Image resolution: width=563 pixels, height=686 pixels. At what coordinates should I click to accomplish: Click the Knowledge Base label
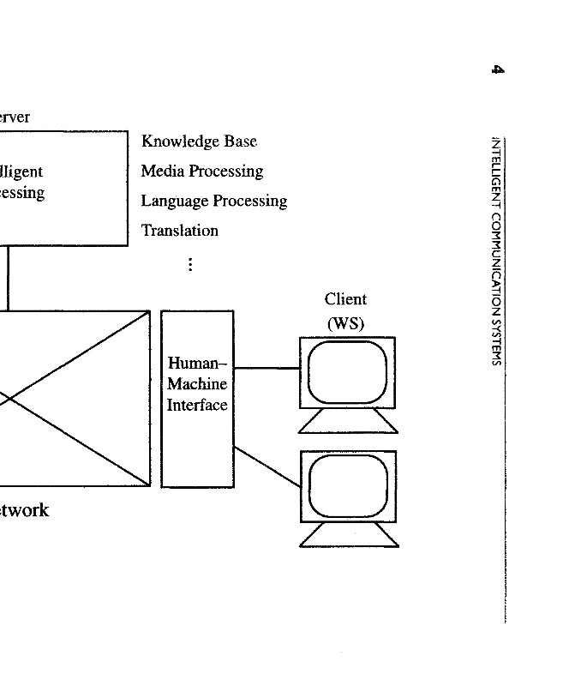199,141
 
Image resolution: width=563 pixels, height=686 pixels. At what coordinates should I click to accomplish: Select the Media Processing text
202,171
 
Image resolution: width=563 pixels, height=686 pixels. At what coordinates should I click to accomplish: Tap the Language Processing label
214,202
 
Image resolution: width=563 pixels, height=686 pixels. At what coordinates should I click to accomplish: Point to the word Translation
180,231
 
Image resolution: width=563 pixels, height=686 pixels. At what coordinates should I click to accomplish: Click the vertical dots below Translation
189,264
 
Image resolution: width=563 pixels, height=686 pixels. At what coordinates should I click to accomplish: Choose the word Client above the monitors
345,299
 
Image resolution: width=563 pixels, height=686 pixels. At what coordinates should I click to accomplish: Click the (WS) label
345,324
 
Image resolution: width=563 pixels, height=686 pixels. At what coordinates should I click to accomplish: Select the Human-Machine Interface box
197,446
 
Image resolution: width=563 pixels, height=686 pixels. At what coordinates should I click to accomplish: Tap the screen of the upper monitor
347,372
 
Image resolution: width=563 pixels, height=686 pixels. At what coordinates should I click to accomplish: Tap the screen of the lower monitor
348,485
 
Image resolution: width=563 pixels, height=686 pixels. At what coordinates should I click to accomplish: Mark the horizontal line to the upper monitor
267,369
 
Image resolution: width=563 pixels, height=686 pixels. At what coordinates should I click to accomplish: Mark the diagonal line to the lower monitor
267,466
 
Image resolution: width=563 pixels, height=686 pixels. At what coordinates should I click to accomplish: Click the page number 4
497,69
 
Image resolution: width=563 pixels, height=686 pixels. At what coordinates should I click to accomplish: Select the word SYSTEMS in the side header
496,343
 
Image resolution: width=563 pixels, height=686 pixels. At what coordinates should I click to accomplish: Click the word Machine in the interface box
197,384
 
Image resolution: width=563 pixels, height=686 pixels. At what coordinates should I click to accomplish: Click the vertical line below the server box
9,278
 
